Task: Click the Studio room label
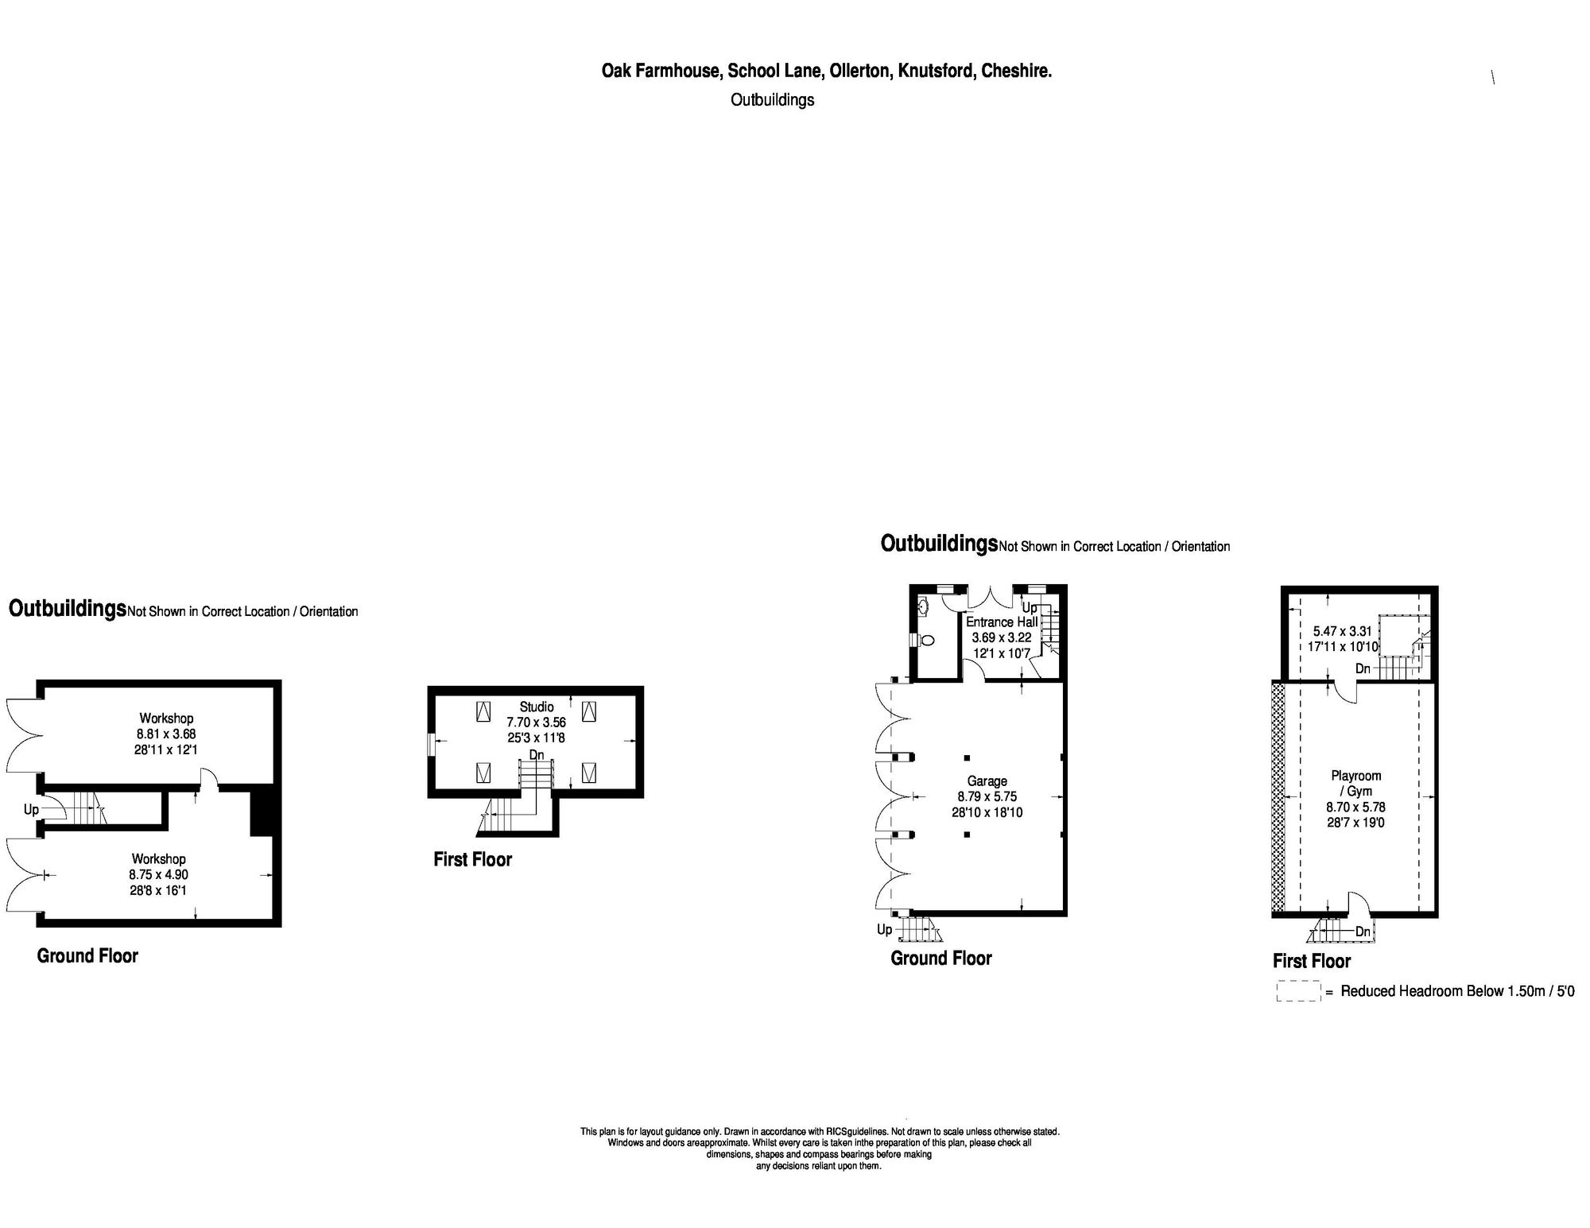tap(537, 707)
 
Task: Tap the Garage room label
tap(987, 781)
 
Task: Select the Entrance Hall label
tap(1001, 622)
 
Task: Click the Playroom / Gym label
tap(1355, 783)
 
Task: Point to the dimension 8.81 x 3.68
tap(166, 734)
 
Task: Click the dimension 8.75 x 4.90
tap(158, 874)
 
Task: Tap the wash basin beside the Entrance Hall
tap(924, 607)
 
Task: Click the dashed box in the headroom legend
tap(1297, 991)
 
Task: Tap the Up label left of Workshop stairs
tap(31, 809)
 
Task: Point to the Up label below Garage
tap(884, 929)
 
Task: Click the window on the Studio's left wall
tap(430, 744)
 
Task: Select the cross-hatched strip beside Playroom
tap(1278, 796)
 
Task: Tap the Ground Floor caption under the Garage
tap(940, 959)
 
